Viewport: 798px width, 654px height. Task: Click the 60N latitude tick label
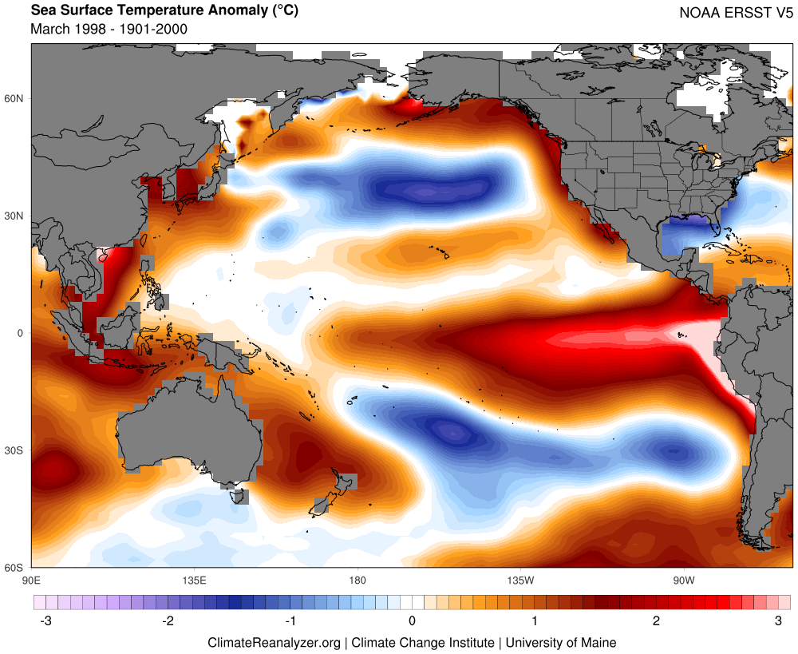click(x=15, y=98)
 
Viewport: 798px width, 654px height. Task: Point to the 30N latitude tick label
click(x=15, y=216)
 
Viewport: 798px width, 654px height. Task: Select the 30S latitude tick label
click(x=15, y=450)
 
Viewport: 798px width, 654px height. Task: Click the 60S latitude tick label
click(x=15, y=568)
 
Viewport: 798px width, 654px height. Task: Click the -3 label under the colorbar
click(x=45, y=620)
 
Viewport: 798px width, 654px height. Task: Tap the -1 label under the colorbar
click(x=290, y=620)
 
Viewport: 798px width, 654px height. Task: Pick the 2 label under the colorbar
click(x=656, y=620)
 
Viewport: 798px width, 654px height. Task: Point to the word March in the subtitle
click(x=50, y=29)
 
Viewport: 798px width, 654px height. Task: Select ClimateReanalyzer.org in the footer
click(x=274, y=642)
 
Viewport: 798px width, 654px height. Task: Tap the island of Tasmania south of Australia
click(x=237, y=496)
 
